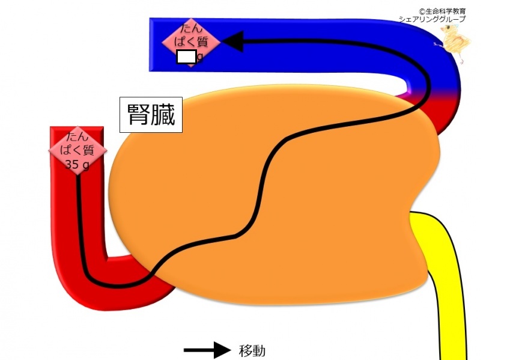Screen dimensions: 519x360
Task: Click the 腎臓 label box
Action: coord(151,115)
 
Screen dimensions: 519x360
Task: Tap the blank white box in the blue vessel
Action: coord(186,56)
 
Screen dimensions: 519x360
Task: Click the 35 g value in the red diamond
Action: coord(77,164)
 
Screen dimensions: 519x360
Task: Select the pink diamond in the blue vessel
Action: coord(191,43)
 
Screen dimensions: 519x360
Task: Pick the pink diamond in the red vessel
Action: coord(77,151)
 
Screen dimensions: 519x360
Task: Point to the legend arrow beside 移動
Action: coord(207,350)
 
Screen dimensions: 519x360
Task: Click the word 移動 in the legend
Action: coord(252,351)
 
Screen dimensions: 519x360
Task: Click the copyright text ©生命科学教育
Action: coord(442,11)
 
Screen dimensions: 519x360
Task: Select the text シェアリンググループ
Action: coord(432,19)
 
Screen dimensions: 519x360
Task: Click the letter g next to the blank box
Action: coord(199,57)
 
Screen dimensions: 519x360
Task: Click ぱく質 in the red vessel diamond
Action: coord(77,150)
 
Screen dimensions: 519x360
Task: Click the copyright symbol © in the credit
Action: coord(421,11)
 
